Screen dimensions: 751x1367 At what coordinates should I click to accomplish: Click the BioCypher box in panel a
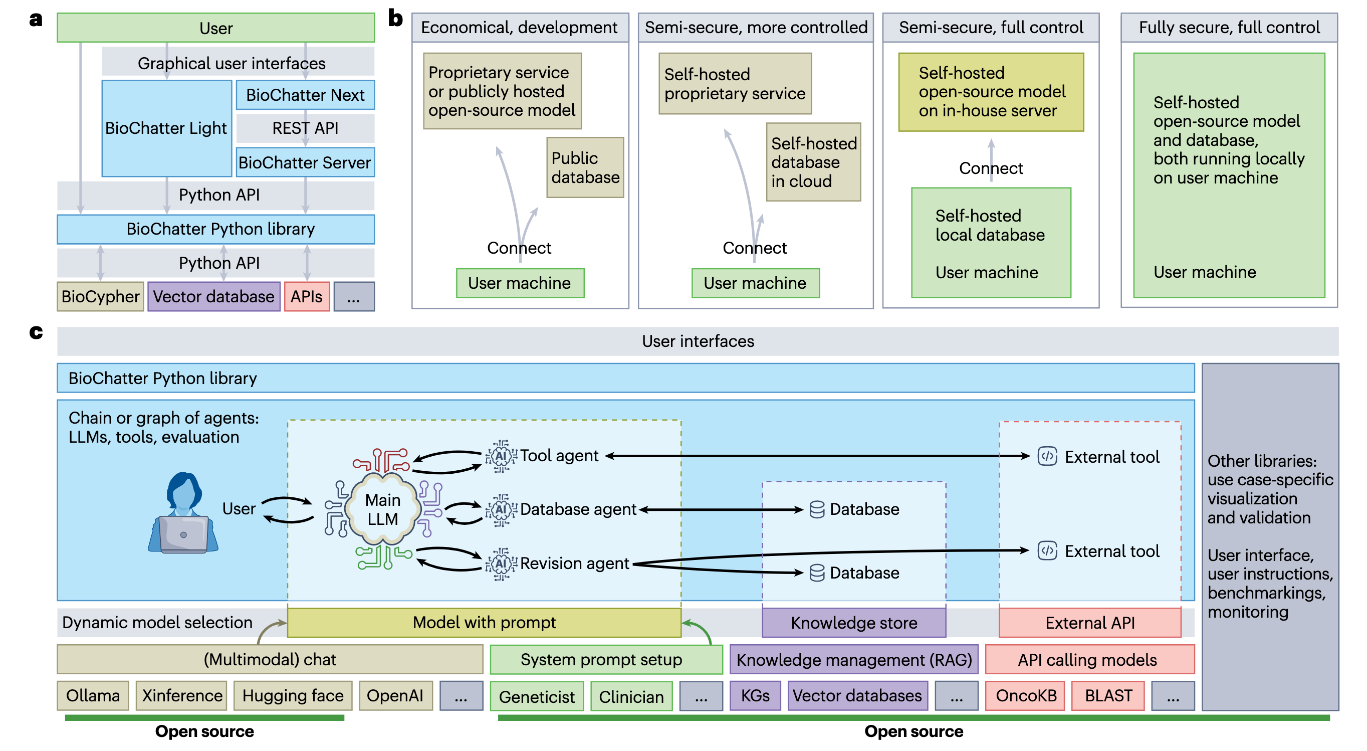point(100,296)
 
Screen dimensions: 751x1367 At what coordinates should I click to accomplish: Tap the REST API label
point(305,128)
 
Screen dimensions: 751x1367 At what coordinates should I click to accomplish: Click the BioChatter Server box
point(305,162)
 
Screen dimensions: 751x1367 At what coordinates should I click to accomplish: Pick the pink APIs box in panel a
point(307,296)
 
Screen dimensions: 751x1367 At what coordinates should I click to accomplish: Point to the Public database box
point(585,168)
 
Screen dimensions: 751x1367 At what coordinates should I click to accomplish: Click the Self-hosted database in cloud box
point(813,162)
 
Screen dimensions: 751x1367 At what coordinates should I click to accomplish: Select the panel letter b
point(395,18)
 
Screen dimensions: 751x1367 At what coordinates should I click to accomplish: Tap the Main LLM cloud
point(383,509)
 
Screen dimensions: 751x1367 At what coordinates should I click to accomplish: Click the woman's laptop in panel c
point(183,534)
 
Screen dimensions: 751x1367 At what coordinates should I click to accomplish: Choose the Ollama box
point(93,695)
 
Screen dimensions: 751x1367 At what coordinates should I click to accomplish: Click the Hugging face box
point(293,695)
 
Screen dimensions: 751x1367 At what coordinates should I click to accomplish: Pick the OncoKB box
point(1026,695)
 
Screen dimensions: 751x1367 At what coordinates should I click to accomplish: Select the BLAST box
point(1108,695)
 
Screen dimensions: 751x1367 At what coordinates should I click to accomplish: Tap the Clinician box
point(631,696)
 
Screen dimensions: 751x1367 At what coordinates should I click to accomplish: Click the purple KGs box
point(755,695)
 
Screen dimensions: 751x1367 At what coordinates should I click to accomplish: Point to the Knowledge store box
point(853,623)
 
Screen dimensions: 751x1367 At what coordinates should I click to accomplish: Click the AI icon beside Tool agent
point(501,456)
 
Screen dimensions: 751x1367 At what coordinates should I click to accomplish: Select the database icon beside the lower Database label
point(817,573)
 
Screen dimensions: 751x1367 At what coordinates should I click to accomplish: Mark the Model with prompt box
point(484,623)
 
